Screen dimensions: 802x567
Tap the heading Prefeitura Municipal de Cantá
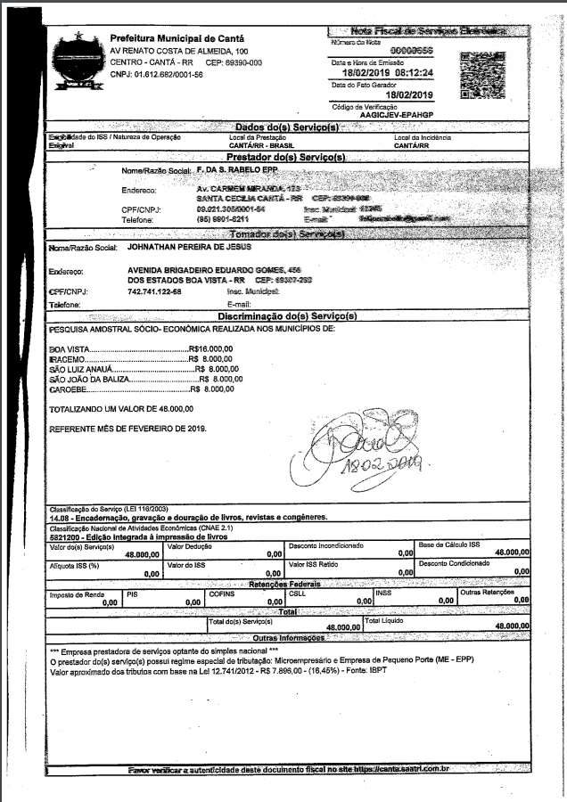[x=174, y=38]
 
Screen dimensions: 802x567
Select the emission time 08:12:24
[x=410, y=73]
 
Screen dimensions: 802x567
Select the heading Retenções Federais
[x=287, y=585]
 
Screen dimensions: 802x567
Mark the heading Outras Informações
[x=287, y=639]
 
